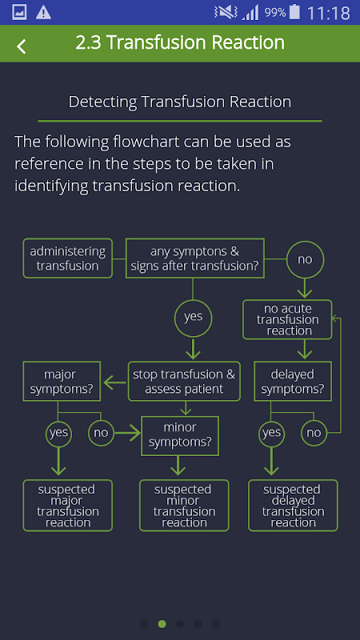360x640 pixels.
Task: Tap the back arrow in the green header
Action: (x=22, y=46)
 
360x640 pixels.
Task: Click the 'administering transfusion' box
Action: (x=68, y=258)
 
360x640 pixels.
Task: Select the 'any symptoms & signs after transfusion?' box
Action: (x=194, y=258)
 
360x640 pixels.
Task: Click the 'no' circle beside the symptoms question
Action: (x=305, y=259)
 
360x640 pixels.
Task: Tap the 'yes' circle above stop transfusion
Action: (x=193, y=318)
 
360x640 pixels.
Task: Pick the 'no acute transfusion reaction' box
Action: (x=287, y=319)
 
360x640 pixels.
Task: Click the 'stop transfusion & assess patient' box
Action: (x=184, y=382)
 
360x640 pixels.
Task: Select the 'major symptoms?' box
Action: (x=62, y=382)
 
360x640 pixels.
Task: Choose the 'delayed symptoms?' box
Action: (x=293, y=382)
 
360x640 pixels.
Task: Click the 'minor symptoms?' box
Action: (x=180, y=436)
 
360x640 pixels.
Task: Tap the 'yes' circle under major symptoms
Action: (x=58, y=433)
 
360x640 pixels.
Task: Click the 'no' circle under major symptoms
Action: (x=101, y=433)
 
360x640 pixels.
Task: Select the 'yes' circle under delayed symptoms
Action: (x=271, y=433)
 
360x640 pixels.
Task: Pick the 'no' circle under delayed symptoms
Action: (x=314, y=433)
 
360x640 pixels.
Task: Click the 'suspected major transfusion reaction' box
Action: (x=68, y=506)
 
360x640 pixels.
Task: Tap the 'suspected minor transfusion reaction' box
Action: (x=184, y=506)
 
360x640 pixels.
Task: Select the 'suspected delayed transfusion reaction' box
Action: (x=293, y=506)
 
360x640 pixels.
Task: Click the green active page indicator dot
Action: (x=162, y=624)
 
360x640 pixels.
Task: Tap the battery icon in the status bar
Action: (x=294, y=12)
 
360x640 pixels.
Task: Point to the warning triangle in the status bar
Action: (x=43, y=13)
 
